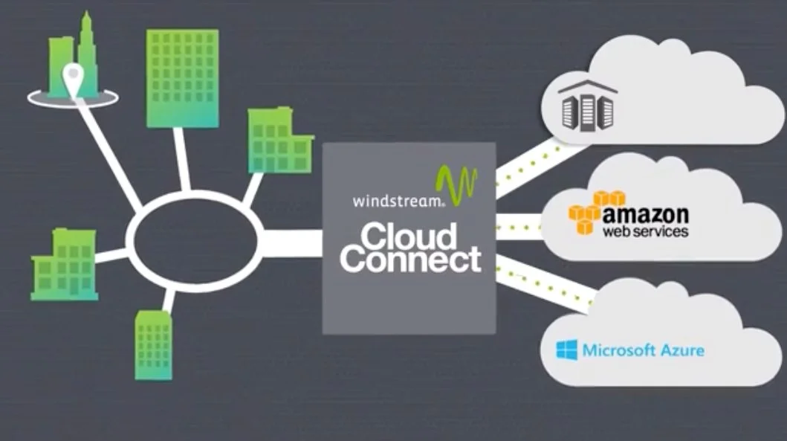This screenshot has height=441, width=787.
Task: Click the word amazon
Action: point(646,214)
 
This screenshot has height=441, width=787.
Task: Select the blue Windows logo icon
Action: point(566,350)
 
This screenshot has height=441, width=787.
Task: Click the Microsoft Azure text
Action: point(643,350)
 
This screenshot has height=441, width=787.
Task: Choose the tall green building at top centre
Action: point(182,78)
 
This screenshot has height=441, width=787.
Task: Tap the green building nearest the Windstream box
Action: point(280,141)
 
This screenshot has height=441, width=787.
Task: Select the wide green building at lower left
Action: point(65,265)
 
